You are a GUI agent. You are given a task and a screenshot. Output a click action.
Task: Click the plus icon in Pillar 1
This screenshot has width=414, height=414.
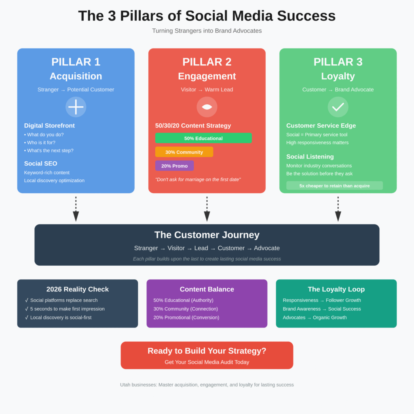coord(76,107)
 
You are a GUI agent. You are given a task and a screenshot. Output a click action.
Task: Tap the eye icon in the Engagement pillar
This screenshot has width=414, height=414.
coord(207,107)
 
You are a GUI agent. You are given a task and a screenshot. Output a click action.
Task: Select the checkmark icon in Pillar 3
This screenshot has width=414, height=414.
coord(338,107)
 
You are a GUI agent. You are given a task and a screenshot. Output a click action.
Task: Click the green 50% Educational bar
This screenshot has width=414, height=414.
coord(203,138)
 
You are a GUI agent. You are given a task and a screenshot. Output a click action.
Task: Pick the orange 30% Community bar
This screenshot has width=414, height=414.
coord(184,152)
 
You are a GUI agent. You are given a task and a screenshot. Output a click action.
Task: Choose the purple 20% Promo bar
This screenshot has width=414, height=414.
coord(174,166)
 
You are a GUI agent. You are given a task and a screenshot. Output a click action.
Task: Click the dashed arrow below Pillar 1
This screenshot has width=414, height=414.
coord(76,209)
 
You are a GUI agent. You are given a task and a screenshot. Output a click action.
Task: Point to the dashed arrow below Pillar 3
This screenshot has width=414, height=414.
coord(338,209)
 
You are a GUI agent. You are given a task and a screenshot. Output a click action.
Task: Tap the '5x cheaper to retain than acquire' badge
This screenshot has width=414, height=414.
coord(334,186)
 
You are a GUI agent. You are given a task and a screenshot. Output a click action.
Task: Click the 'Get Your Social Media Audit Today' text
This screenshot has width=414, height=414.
coord(207,362)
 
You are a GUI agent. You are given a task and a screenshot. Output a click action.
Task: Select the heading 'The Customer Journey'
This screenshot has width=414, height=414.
coord(207,235)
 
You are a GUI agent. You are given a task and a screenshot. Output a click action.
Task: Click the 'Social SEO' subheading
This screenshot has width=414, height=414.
coord(40,163)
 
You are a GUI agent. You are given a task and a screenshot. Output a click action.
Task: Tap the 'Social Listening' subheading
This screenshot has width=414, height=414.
coord(310,156)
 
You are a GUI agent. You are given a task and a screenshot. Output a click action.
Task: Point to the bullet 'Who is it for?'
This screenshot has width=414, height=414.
coord(41,142)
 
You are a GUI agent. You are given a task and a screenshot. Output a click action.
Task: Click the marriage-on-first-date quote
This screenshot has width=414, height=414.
coord(198,179)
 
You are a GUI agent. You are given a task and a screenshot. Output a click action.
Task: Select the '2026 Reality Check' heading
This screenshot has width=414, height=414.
coord(78,289)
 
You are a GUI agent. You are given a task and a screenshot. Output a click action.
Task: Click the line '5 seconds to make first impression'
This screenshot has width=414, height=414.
coord(67,309)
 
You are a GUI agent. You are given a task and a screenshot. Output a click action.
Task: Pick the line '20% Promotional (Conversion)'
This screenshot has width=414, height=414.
coord(186,317)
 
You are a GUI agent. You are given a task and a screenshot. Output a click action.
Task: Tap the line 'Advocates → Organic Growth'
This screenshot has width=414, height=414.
coord(315,317)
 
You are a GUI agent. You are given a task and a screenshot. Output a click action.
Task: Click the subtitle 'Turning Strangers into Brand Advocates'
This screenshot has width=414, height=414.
coord(207,31)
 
